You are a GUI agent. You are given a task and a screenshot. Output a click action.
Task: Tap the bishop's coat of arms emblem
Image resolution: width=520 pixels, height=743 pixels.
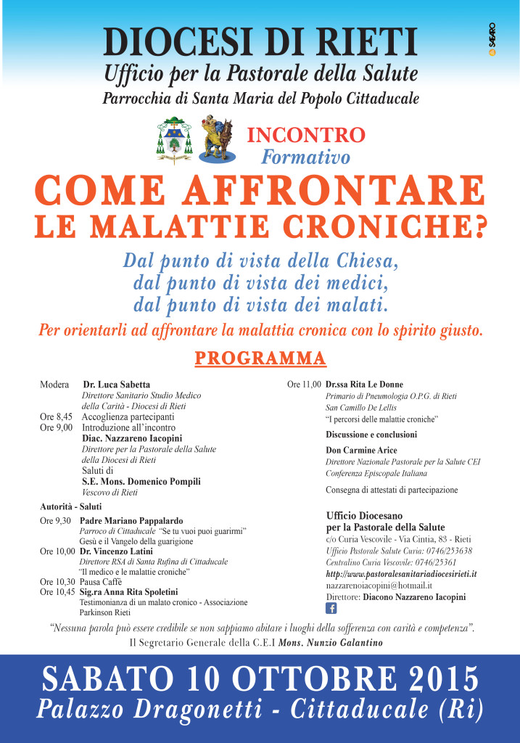174,139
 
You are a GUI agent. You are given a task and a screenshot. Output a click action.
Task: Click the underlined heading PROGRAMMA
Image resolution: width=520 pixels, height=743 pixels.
260,358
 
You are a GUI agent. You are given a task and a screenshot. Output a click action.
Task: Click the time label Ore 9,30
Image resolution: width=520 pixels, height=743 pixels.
55,520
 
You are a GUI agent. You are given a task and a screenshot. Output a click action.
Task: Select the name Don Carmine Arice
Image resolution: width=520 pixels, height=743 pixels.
357,451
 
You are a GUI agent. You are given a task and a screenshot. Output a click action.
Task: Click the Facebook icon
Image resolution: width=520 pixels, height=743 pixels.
331,608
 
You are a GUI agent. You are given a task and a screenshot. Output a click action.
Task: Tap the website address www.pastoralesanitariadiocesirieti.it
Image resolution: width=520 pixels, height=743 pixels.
401,573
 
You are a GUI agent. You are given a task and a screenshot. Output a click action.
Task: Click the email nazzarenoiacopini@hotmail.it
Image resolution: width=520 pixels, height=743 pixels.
379,585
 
